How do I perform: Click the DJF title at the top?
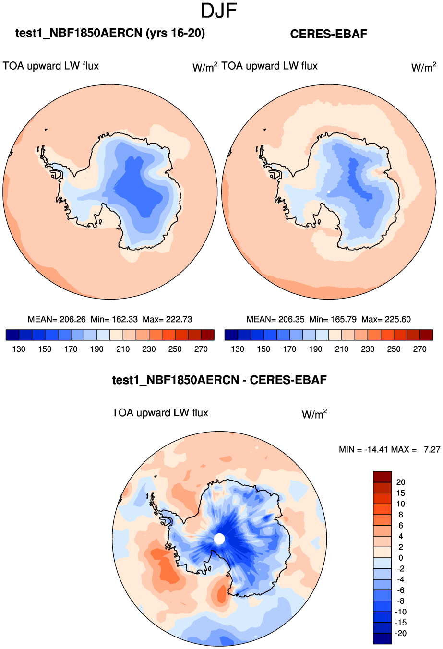(219, 11)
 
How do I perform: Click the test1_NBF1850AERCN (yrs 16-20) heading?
(110, 33)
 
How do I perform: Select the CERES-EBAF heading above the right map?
(329, 34)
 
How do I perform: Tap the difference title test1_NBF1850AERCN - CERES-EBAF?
(219, 380)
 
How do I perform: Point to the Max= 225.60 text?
(386, 319)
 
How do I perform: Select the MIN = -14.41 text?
(363, 449)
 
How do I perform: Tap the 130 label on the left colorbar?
(19, 349)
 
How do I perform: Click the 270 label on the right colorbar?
(419, 349)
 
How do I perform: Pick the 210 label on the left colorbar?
(123, 349)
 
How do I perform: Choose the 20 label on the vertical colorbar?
(401, 482)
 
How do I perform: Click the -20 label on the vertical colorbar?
(400, 633)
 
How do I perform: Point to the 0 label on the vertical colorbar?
(401, 558)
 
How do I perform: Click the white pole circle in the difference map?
(219, 539)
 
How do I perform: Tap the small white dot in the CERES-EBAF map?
(329, 192)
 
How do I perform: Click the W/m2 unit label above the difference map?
(314, 414)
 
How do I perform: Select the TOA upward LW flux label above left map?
(51, 66)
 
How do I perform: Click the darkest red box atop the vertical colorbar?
(382, 477)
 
